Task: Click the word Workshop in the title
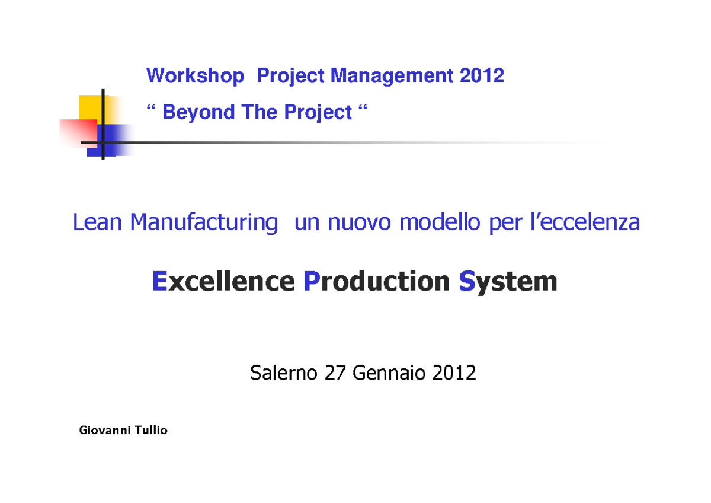[195, 76]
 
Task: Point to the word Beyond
[198, 112]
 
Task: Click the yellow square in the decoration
[90, 107]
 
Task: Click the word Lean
[97, 223]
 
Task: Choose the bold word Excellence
[223, 281]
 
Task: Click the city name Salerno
[285, 373]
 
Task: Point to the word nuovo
[357, 223]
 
